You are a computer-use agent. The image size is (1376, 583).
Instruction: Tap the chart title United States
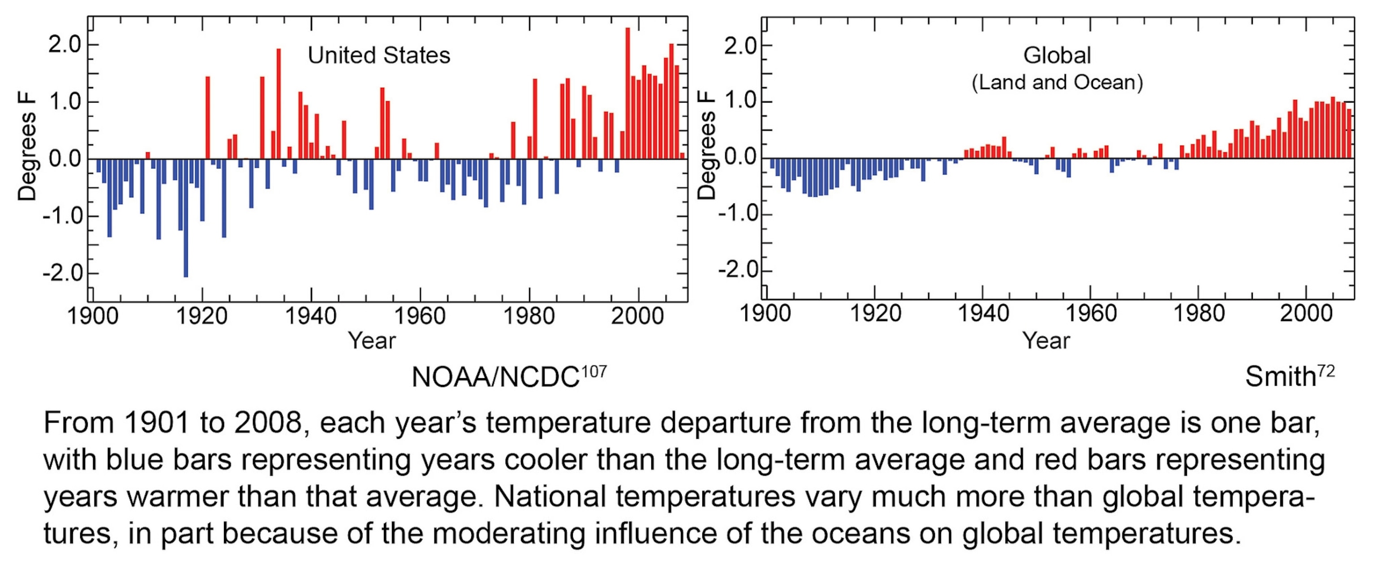(x=379, y=56)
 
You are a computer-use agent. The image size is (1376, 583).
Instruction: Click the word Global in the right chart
(x=1057, y=56)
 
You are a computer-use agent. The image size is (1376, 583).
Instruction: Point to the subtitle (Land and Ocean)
(x=1057, y=82)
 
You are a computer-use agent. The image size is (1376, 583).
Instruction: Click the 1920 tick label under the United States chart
(x=202, y=316)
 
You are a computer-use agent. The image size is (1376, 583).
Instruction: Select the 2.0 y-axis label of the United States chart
(x=64, y=45)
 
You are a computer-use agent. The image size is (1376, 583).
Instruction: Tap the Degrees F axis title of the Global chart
(x=707, y=145)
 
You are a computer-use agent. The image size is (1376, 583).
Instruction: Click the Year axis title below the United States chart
(x=372, y=341)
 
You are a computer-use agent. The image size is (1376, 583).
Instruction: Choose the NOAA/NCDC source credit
(x=495, y=377)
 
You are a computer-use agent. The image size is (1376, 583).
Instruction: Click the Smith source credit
(x=1280, y=377)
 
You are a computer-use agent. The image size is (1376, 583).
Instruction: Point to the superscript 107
(x=593, y=371)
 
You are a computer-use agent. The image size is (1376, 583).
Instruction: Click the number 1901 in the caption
(x=156, y=423)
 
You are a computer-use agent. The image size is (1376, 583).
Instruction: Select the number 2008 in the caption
(x=268, y=423)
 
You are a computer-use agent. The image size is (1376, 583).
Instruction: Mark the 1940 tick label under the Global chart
(x=983, y=313)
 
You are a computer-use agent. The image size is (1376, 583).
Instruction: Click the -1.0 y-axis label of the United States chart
(x=62, y=216)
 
